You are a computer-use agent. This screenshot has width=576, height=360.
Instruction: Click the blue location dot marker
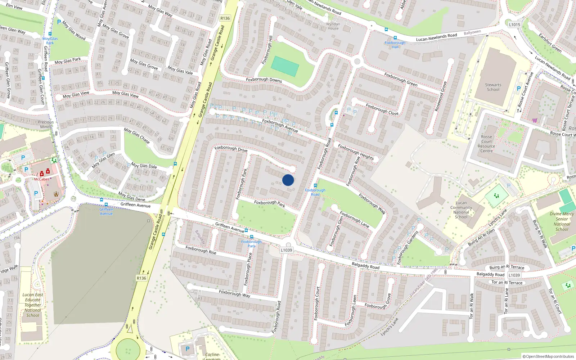(288, 180)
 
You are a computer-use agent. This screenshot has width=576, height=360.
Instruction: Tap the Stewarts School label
(493, 87)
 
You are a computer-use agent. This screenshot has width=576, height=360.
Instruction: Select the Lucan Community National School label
(461, 210)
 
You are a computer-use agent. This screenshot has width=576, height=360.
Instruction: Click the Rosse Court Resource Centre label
(486, 144)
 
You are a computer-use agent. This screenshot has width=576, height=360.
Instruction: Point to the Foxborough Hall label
(395, 45)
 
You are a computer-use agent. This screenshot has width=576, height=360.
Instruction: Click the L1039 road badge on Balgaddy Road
(514, 275)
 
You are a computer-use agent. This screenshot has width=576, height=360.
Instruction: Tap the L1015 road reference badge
(514, 24)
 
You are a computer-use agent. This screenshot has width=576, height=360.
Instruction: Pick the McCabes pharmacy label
(42, 179)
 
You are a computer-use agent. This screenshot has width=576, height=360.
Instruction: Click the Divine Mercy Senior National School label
(562, 221)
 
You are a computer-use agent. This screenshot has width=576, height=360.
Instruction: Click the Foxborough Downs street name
(264, 80)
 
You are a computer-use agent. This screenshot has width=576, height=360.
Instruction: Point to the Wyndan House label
(333, 26)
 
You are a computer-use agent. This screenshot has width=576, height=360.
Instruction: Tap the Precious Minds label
(46, 124)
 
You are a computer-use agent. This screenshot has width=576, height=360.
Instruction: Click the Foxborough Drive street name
(231, 148)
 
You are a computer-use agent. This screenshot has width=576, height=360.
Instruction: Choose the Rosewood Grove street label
(441, 96)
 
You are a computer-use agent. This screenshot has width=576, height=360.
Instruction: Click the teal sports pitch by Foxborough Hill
(285, 66)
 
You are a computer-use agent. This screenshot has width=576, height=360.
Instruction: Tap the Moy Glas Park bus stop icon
(50, 34)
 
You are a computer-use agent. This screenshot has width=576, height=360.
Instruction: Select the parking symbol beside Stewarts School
(519, 88)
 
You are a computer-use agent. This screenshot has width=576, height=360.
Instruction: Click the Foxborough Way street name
(234, 294)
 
